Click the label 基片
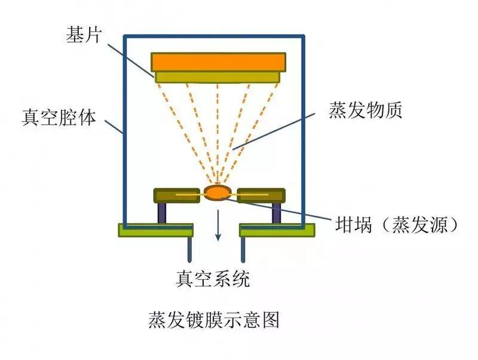[x=83, y=35]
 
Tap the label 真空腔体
[x=59, y=117]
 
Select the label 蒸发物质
[x=365, y=110]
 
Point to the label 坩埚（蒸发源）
[x=396, y=225]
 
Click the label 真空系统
[x=213, y=279]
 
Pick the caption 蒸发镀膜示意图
[x=214, y=319]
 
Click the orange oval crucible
[x=217, y=193]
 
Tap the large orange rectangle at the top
[x=218, y=62]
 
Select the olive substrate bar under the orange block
[x=217, y=77]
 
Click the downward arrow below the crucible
[x=217, y=225]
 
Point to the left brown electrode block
[x=176, y=196]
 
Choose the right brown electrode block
[x=261, y=196]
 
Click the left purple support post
[x=162, y=213]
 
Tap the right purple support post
[x=277, y=213]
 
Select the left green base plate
[x=155, y=230]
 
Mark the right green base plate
[x=277, y=230]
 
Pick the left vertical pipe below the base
[x=189, y=249]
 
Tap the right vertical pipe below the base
[x=243, y=249]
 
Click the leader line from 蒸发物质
[x=274, y=132]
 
